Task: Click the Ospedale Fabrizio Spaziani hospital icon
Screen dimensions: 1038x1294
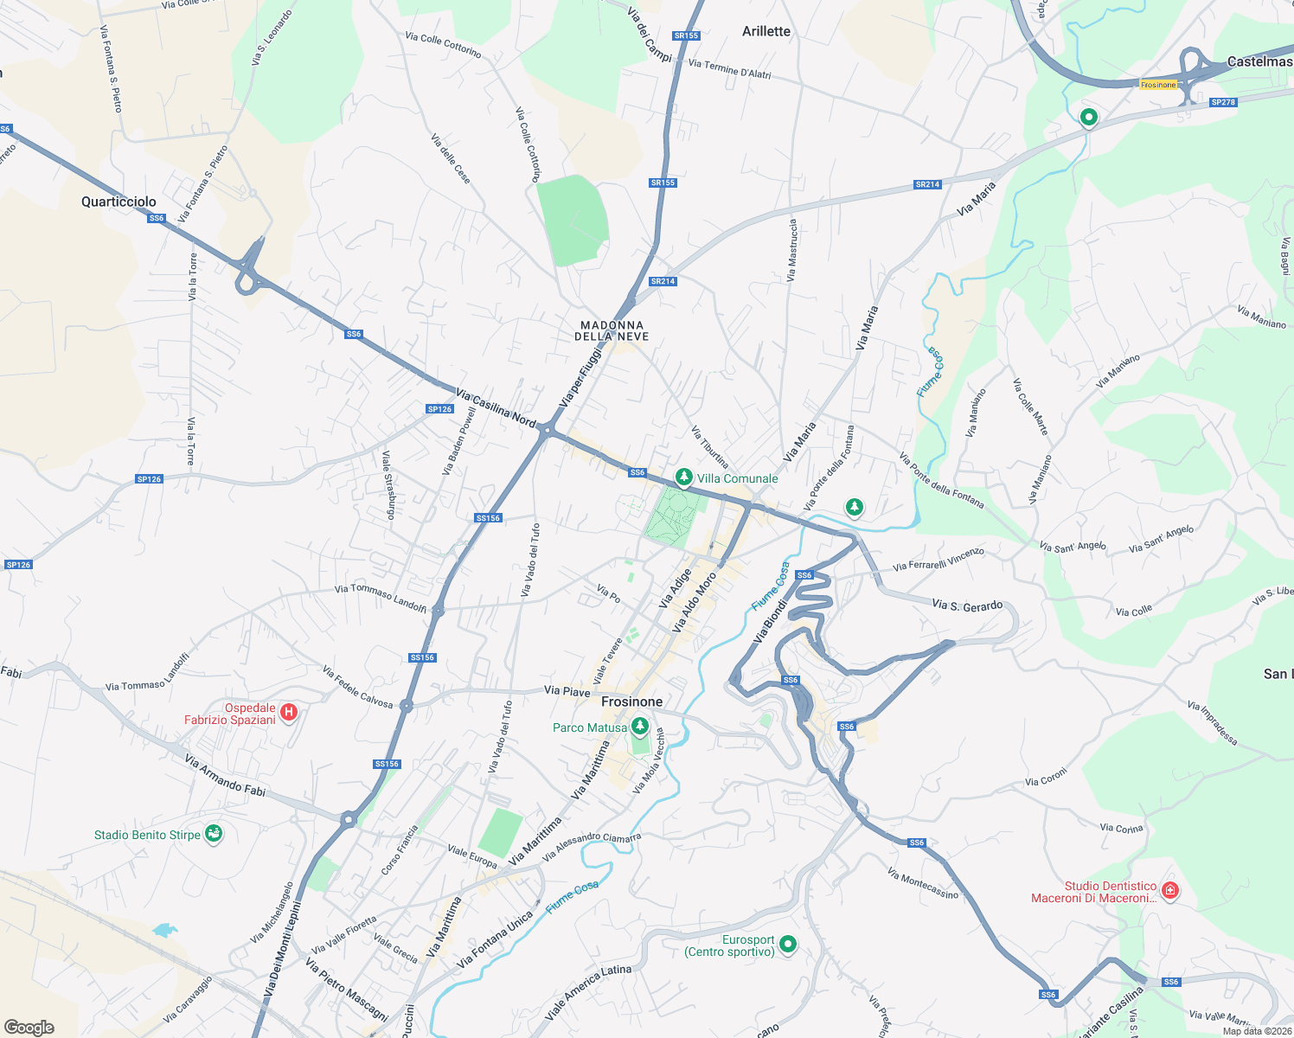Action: [x=289, y=713]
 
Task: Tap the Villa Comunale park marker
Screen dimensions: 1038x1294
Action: [x=683, y=477]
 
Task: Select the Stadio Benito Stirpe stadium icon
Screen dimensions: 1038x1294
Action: [x=214, y=834]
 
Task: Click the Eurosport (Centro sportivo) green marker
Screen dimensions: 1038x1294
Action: [x=787, y=945]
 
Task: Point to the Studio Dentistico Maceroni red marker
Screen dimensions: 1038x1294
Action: [x=1169, y=890]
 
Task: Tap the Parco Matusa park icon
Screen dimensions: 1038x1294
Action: [x=640, y=727]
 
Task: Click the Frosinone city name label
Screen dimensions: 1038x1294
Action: [x=631, y=702]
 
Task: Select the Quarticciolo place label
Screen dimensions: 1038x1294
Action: [x=119, y=202]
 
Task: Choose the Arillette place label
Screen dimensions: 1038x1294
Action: [x=766, y=31]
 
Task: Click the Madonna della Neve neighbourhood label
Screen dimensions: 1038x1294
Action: [x=612, y=330]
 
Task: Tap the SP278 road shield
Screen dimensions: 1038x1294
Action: [x=1223, y=102]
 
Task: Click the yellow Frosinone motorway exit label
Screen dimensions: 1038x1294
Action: [x=1158, y=85]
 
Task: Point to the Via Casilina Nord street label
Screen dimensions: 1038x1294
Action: [x=496, y=407]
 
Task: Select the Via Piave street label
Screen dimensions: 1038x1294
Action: [x=567, y=690]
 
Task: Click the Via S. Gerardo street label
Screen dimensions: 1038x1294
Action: [x=967, y=605]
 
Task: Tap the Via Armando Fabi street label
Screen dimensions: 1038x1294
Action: [x=225, y=775]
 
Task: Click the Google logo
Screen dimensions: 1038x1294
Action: [x=29, y=1028]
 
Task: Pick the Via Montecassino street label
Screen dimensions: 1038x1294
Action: [x=923, y=884]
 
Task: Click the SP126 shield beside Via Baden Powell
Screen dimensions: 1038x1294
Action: [x=439, y=409]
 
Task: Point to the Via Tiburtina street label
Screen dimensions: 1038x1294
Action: [x=709, y=446]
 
